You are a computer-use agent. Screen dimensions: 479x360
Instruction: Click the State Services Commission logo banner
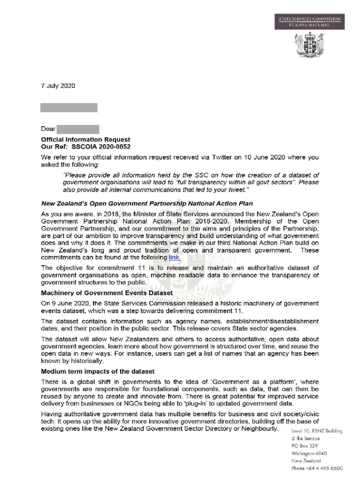tap(310, 22)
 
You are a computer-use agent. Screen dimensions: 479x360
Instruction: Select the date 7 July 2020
tap(58, 86)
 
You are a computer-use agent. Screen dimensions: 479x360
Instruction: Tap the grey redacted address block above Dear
tap(69, 108)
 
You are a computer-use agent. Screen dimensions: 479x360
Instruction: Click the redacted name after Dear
tap(78, 129)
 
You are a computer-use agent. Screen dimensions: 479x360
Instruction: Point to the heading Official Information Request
tap(86, 139)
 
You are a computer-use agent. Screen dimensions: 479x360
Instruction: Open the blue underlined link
tap(174, 257)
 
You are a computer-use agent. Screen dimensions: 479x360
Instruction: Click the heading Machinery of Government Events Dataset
tap(107, 293)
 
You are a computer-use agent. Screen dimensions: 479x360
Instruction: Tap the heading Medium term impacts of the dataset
tap(98, 371)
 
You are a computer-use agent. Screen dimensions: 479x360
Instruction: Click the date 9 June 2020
tap(71, 303)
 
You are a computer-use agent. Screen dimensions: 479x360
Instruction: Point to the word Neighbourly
tap(259, 429)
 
